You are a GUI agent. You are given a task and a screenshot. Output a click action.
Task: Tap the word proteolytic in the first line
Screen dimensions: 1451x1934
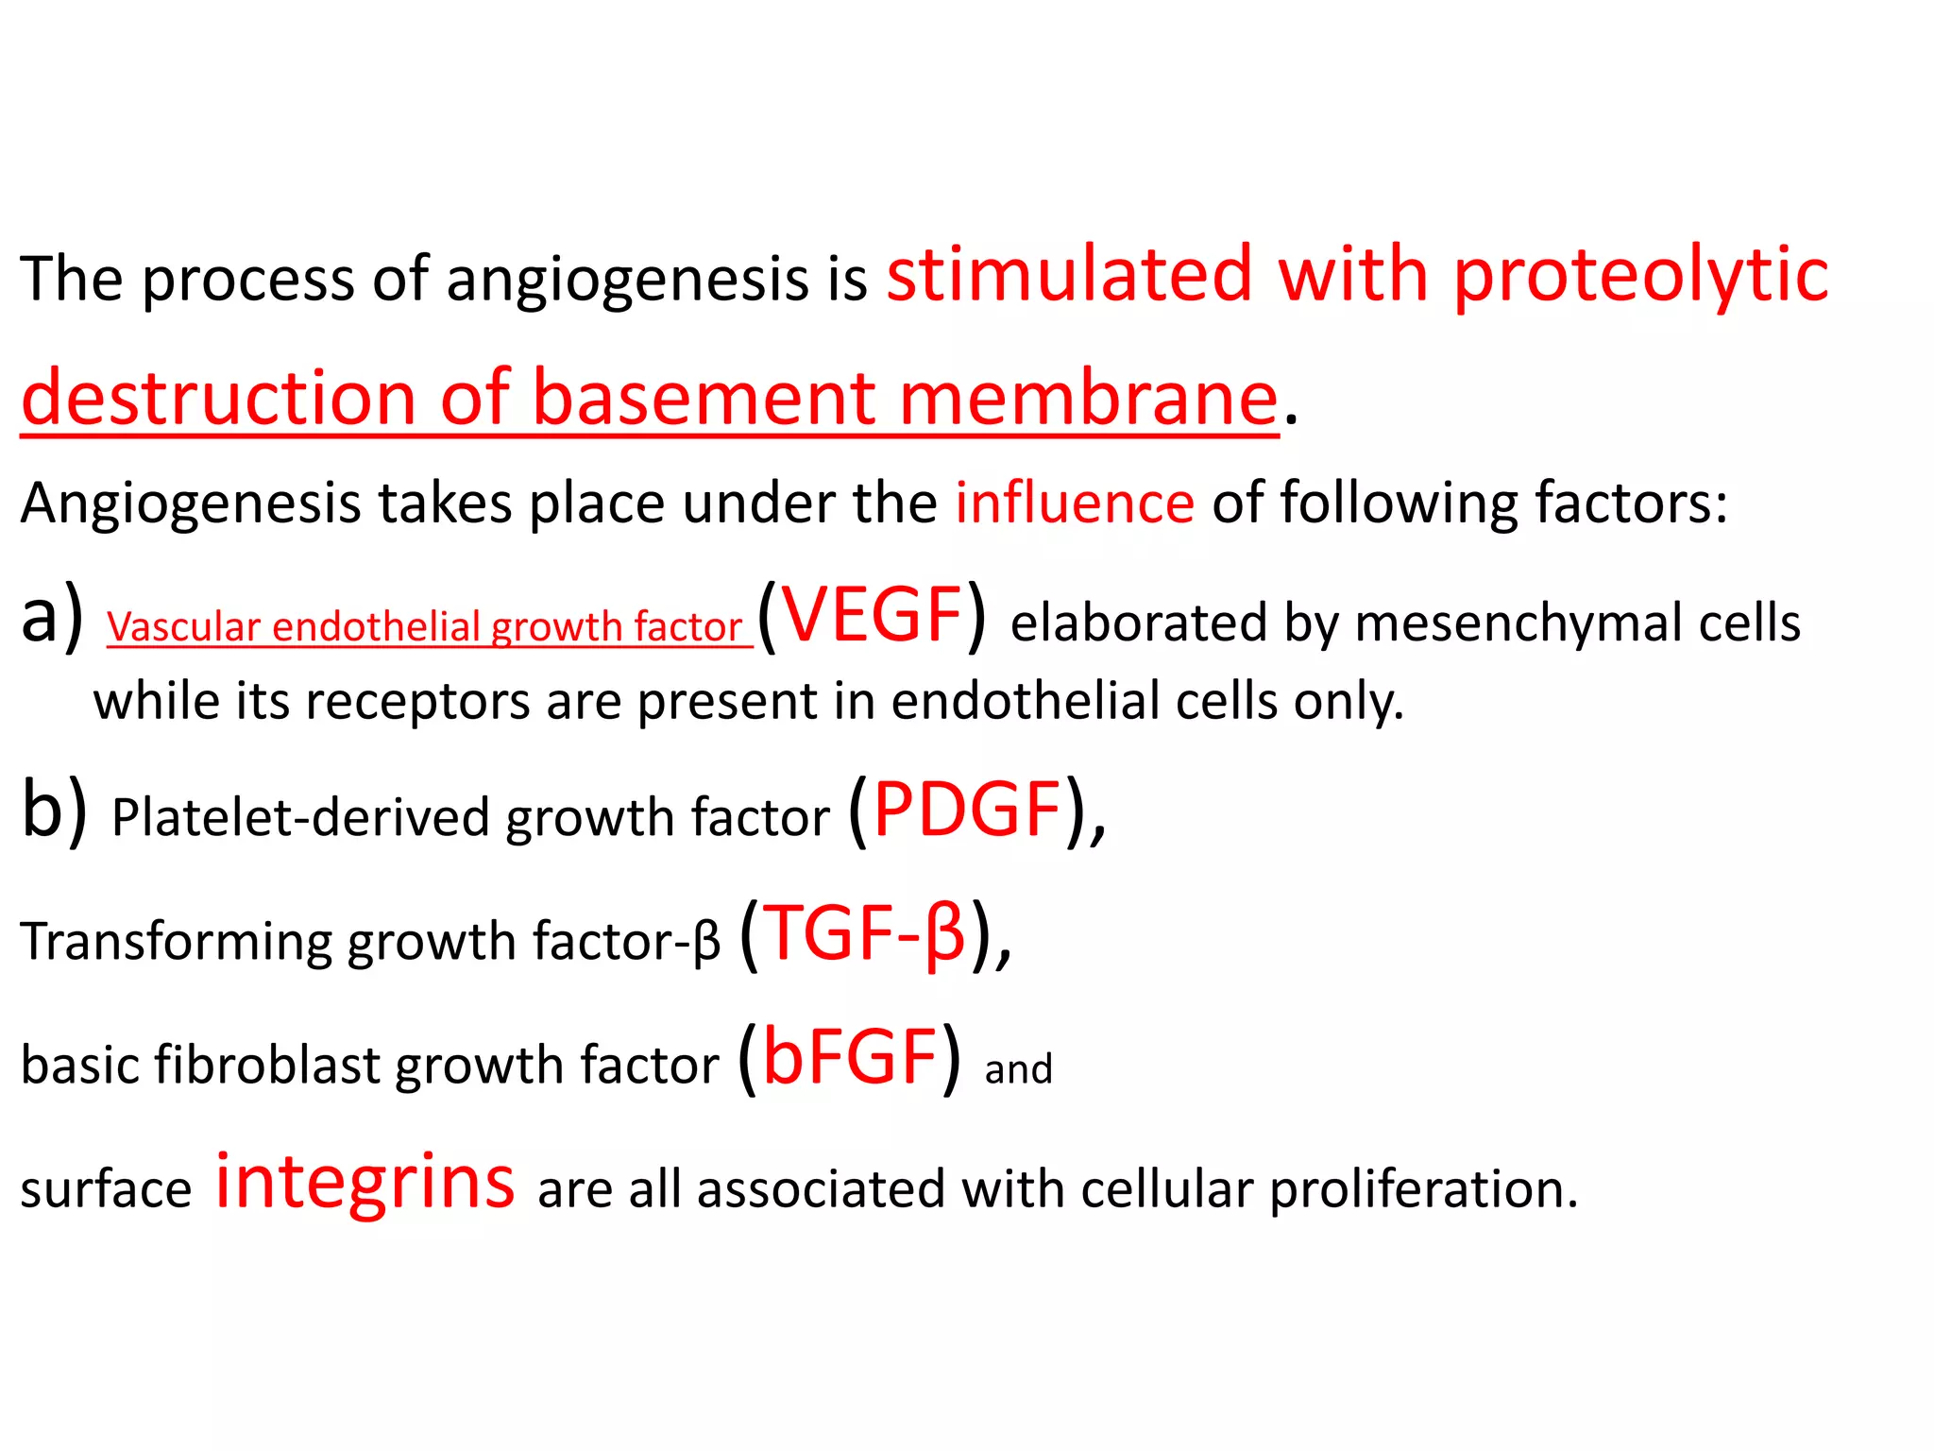click(1640, 277)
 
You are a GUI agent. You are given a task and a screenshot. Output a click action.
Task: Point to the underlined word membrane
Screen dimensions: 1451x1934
click(1089, 398)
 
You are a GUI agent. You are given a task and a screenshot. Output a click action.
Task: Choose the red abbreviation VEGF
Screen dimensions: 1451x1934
click(873, 615)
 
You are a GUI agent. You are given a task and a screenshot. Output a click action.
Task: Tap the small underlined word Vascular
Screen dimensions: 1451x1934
click(183, 627)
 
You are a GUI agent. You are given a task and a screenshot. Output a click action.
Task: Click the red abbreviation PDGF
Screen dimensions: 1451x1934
click(967, 810)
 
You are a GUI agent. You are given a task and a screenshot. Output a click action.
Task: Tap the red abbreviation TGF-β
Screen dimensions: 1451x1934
click(863, 933)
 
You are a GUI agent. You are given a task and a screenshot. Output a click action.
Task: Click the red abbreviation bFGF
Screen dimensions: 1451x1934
click(849, 1057)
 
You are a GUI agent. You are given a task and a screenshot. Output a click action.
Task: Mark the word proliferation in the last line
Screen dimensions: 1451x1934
click(1423, 1189)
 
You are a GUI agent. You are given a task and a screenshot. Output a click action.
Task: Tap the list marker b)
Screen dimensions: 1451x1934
click(54, 811)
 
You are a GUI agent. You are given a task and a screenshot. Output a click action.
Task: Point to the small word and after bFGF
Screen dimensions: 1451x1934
click(1018, 1069)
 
